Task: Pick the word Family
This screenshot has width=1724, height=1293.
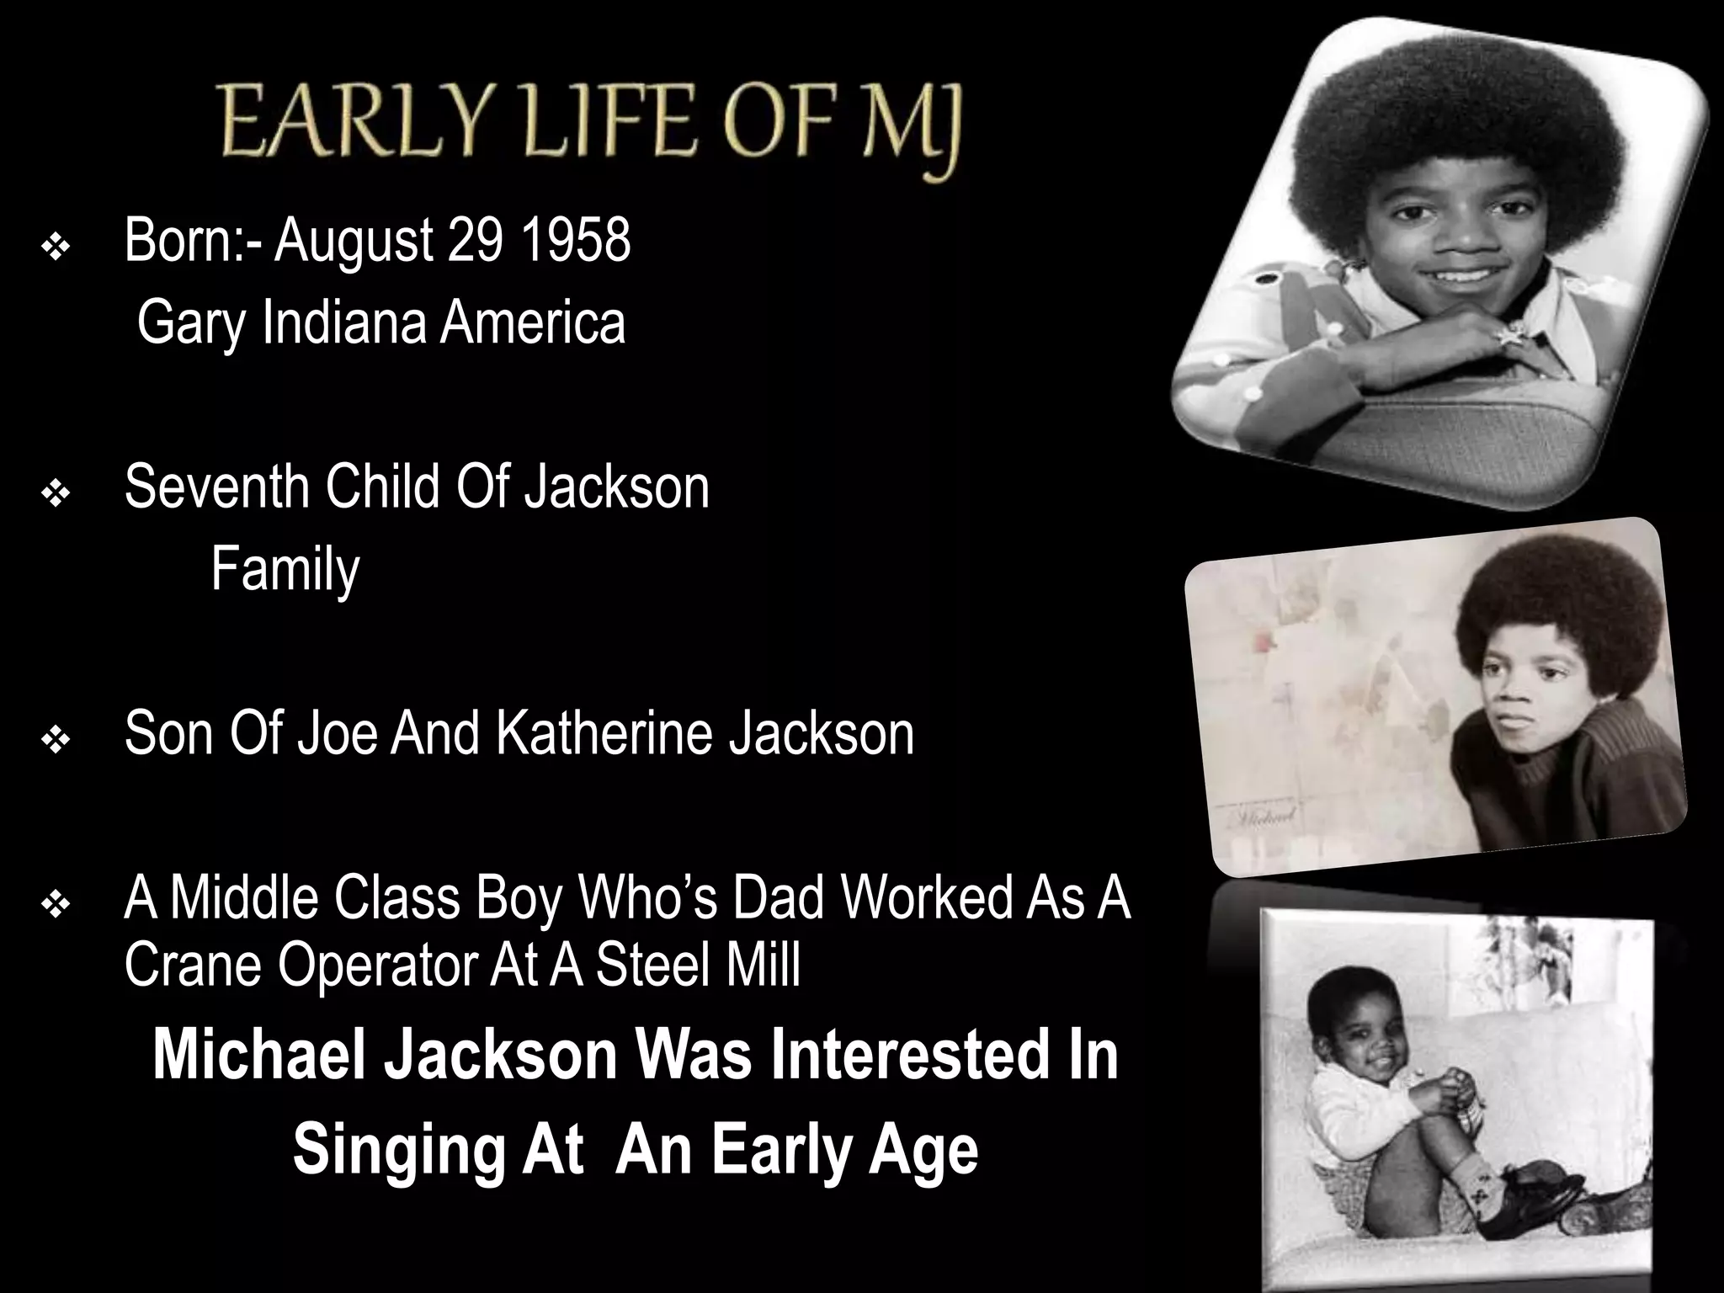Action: tap(285, 570)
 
